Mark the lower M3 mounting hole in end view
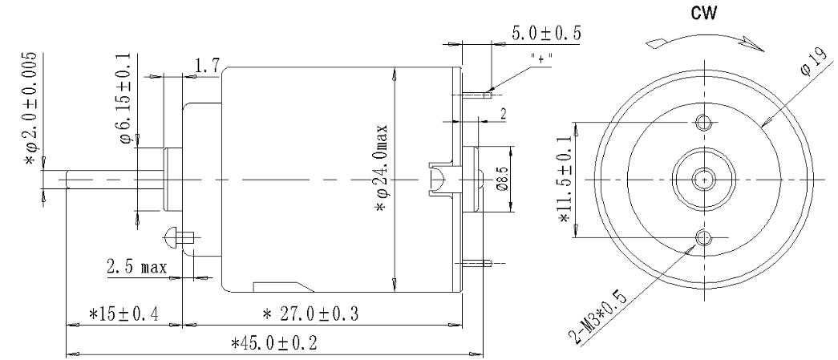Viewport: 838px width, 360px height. coord(705,237)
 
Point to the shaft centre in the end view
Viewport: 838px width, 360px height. coord(705,180)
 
